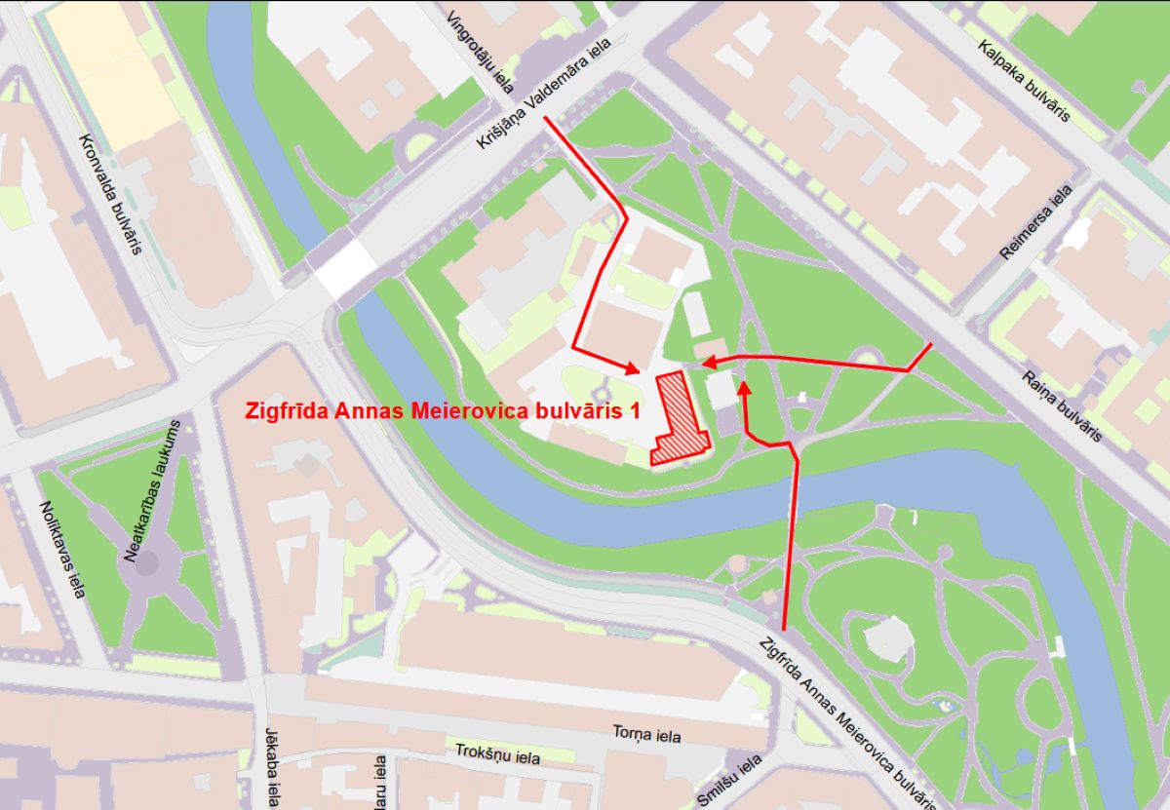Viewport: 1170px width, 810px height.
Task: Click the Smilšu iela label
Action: click(x=730, y=781)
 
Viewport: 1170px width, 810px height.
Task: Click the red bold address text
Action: click(x=441, y=411)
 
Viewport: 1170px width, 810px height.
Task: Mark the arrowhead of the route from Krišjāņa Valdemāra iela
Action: click(x=633, y=367)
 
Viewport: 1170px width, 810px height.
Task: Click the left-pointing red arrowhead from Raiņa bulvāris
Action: click(x=709, y=363)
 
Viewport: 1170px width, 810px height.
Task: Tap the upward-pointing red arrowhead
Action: click(x=745, y=387)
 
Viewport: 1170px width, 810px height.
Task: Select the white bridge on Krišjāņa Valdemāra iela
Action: click(x=344, y=269)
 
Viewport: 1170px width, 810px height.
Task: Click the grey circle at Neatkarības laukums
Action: click(x=146, y=562)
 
